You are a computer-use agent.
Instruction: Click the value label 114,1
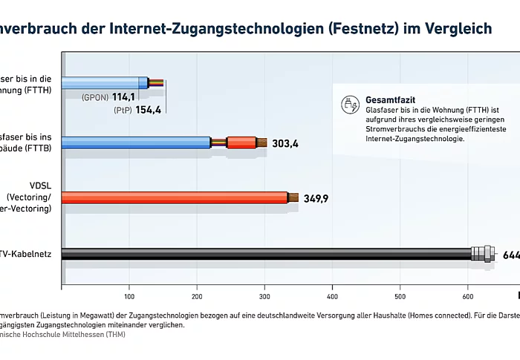pos(123,97)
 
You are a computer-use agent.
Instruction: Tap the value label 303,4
pos(285,143)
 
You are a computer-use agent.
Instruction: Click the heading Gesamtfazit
pos(390,99)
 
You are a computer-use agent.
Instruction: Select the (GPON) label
pos(96,97)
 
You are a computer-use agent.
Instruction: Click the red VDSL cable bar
pos(171,197)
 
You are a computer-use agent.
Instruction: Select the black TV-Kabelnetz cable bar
pos(260,254)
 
